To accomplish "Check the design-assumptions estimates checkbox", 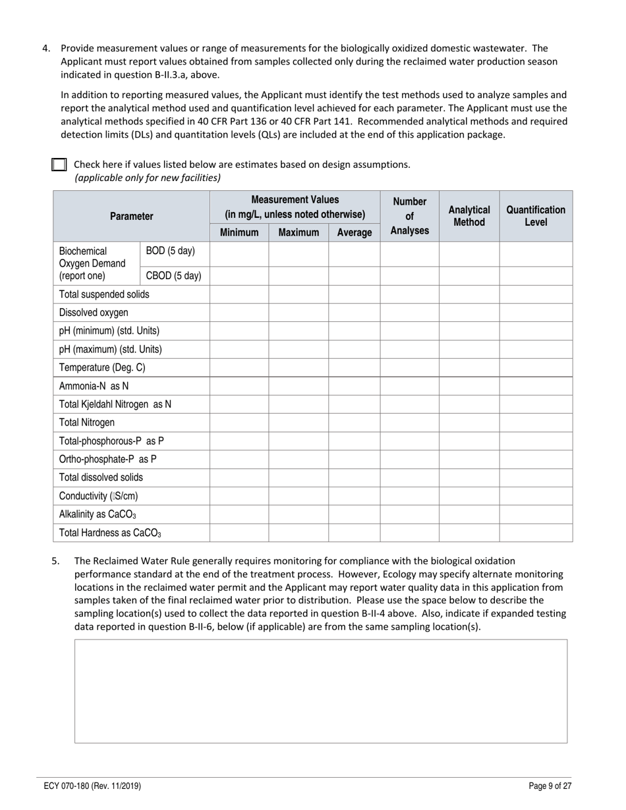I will click(59, 165).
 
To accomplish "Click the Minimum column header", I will click(239, 232).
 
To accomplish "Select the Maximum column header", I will click(299, 232).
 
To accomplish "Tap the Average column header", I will click(354, 232).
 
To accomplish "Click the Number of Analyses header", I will click(409, 216).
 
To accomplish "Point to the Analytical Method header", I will click(469, 216).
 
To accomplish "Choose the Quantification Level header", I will click(536, 216).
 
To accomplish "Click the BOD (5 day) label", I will click(170, 251).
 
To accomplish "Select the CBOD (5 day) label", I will click(173, 276).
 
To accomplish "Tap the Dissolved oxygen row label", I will click(94, 313).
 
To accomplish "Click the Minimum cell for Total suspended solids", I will click(239, 294).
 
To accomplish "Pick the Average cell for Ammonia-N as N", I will click(354, 386).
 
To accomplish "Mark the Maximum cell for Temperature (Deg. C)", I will click(299, 367).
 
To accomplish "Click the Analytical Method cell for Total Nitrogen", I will click(469, 422).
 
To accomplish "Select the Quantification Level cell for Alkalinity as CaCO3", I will click(536, 514).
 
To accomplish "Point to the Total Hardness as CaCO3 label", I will click(110, 533).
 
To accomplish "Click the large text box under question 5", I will click(320, 691).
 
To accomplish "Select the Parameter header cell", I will click(131, 216).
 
